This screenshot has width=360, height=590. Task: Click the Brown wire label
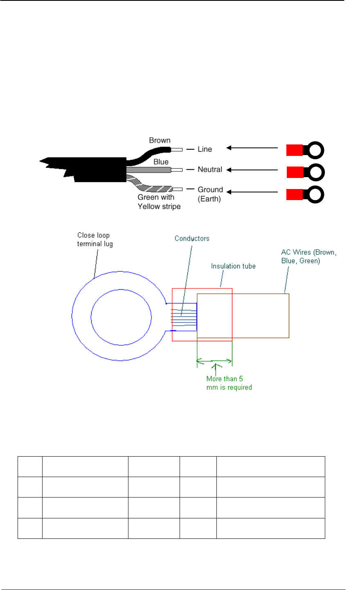coord(160,140)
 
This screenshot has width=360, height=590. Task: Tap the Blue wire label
coord(161,162)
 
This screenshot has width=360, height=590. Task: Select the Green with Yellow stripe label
coord(159,202)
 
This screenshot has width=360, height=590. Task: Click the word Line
coord(205,149)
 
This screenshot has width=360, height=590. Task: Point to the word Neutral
coord(210,169)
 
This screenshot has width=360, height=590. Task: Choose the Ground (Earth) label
coord(210,194)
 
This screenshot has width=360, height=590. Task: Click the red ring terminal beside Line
coord(305,150)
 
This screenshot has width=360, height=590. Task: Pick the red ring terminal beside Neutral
coord(305,172)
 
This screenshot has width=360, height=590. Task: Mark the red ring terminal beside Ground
coord(305,194)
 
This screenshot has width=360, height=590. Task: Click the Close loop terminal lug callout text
coord(95,239)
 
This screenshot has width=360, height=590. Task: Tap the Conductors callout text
coord(192,238)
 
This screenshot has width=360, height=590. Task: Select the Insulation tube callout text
coord(233,266)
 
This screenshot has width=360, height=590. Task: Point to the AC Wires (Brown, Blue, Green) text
coord(309,256)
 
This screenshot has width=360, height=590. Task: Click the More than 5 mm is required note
coord(229,383)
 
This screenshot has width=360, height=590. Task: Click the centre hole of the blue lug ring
coord(121,316)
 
